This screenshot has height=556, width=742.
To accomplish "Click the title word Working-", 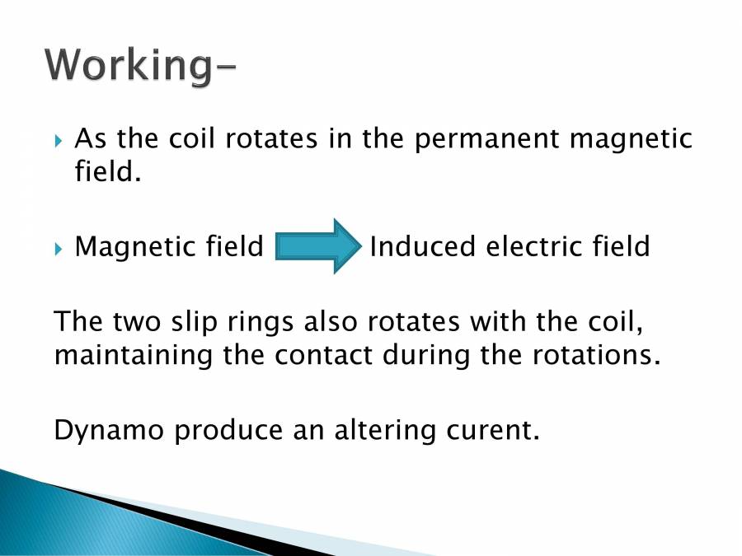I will point(139,65).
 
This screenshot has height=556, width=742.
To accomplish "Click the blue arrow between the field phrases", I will point(318,246).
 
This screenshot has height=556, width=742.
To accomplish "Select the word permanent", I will point(485,139).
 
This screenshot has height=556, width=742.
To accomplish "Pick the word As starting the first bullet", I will point(90,139).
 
